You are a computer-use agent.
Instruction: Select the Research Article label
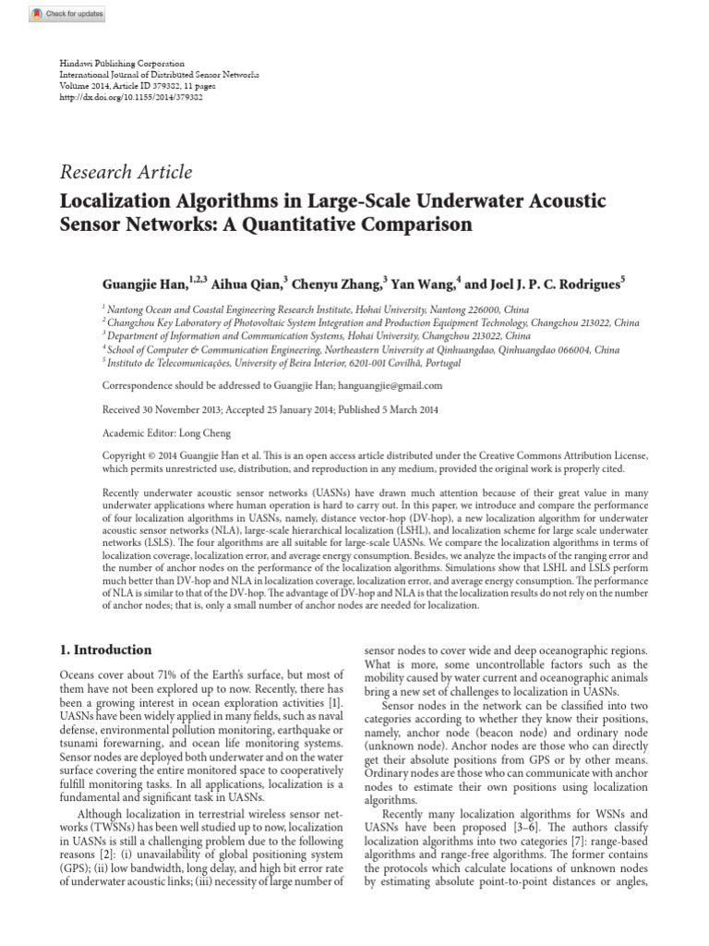tap(126, 172)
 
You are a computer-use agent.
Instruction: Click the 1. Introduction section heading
tap(105, 649)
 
